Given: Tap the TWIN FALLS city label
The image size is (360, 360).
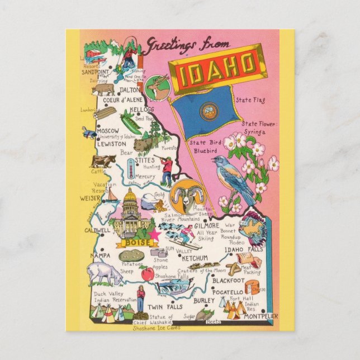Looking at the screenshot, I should pyautogui.click(x=163, y=307).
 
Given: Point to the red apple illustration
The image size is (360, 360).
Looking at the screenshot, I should pyautogui.click(x=147, y=274).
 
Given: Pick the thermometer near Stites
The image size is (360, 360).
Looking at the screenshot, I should pyautogui.click(x=130, y=168).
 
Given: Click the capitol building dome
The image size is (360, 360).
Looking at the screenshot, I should pyautogui.click(x=130, y=196).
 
